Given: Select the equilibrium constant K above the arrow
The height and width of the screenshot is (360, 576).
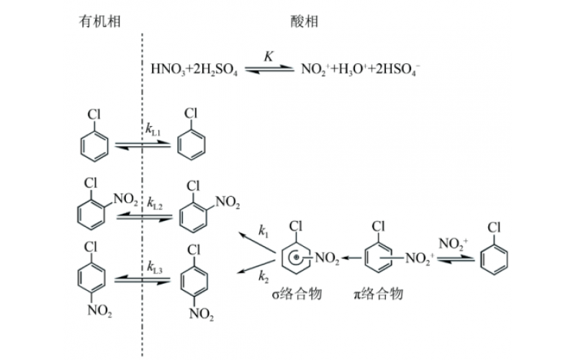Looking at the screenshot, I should point(268,56).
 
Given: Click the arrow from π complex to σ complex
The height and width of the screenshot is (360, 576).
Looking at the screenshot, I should point(351,256).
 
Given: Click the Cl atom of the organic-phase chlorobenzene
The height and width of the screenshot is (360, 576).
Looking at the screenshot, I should point(94,114).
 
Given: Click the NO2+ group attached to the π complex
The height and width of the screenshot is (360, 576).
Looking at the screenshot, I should point(415,256).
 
